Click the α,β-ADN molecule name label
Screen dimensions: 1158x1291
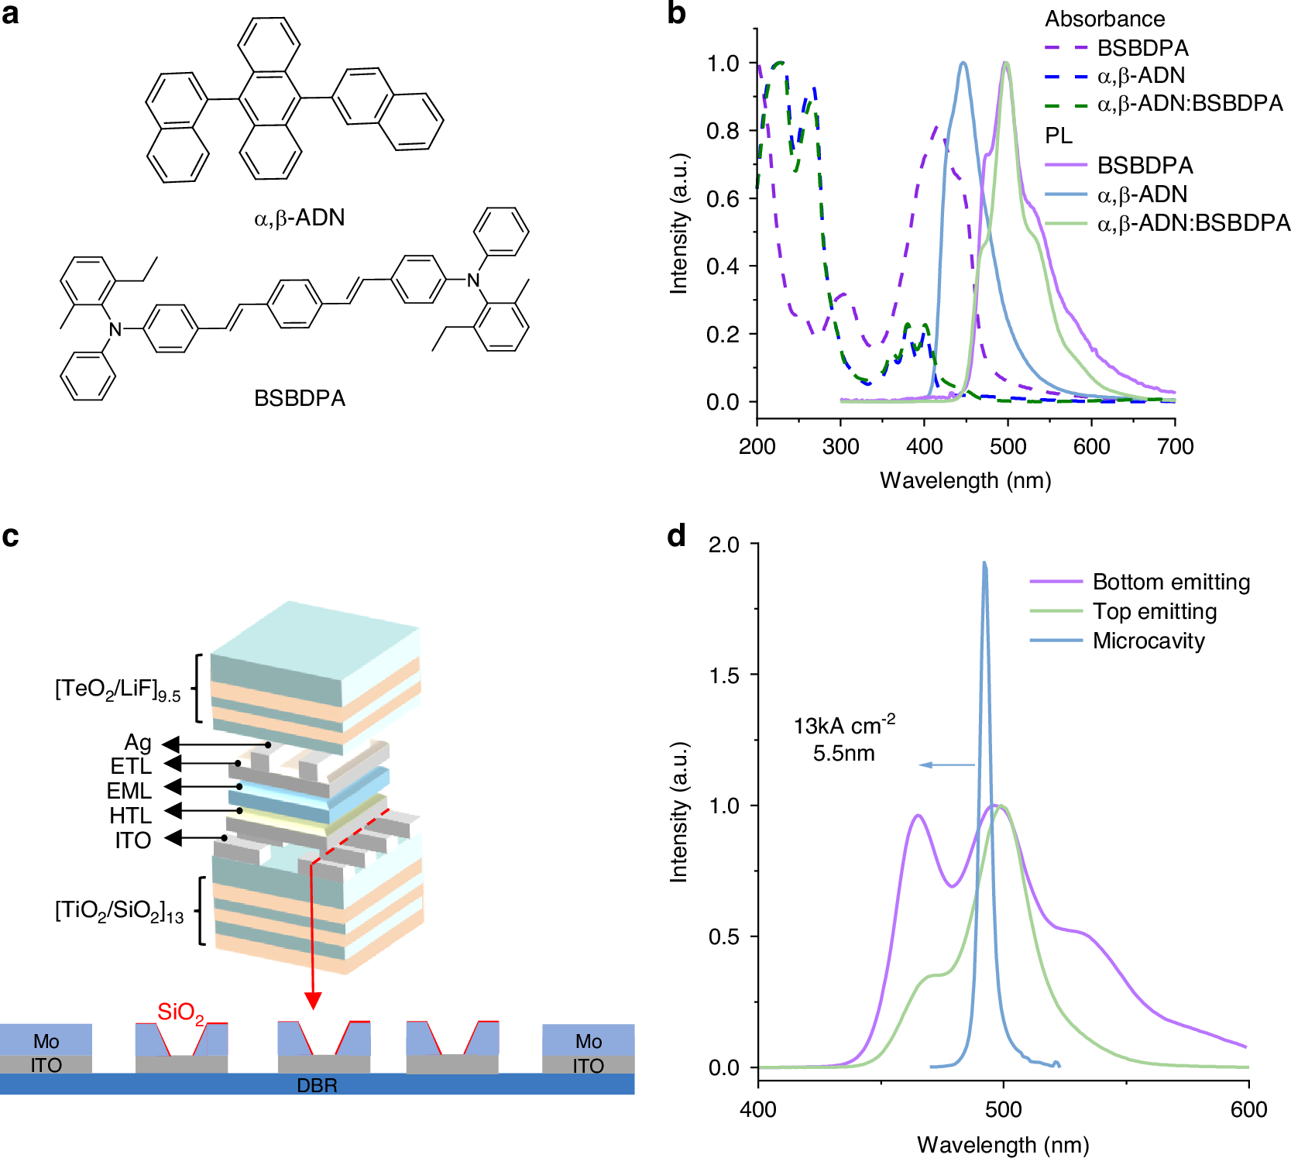pyautogui.click(x=300, y=218)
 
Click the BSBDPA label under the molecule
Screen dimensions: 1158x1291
pyautogui.click(x=300, y=398)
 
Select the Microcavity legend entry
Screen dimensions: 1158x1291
pyautogui.click(x=1149, y=641)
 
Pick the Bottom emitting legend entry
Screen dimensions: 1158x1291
pyautogui.click(x=1171, y=582)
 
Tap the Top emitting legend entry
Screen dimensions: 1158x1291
pyautogui.click(x=1155, y=611)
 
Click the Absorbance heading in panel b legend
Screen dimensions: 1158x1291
pyautogui.click(x=1104, y=19)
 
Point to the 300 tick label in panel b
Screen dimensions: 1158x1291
pyautogui.click(x=840, y=446)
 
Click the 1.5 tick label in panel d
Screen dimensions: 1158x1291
pyautogui.click(x=723, y=675)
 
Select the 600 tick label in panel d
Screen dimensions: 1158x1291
pyautogui.click(x=1248, y=1109)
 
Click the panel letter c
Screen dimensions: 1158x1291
pyautogui.click(x=10, y=536)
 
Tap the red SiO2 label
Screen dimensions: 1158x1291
pyautogui.click(x=180, y=1012)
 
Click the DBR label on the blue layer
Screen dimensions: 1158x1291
pyautogui.click(x=317, y=1085)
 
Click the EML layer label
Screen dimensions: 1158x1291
pyautogui.click(x=129, y=791)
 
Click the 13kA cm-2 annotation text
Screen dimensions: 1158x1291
pyautogui.click(x=844, y=726)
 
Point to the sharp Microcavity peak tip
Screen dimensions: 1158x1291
pyautogui.click(x=984, y=564)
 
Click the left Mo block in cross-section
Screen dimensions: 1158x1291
pyautogui.click(x=46, y=1040)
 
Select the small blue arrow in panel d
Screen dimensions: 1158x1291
pyautogui.click(x=946, y=765)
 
